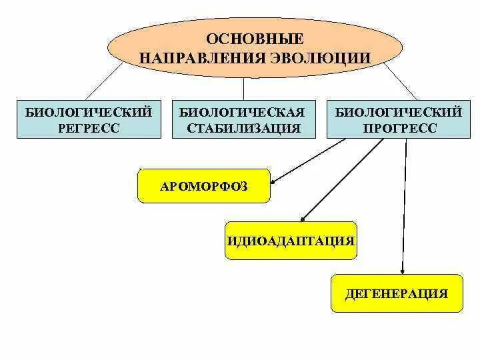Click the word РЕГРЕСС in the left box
coord(89,128)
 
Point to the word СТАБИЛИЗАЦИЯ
coord(243,128)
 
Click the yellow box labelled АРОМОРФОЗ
coord(204,186)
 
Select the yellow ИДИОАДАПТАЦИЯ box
coord(290,239)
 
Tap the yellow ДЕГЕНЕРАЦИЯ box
coord(397,293)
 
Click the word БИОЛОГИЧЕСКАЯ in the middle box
coord(243,111)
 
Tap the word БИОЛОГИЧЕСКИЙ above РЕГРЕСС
coord(89,111)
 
